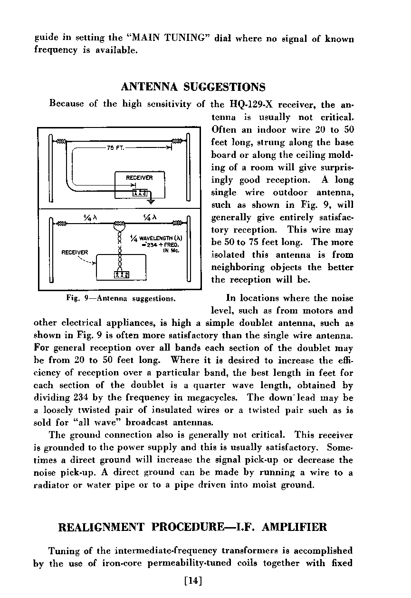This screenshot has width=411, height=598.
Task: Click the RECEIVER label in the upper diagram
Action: [139, 177]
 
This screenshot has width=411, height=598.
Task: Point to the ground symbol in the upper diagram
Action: [151, 203]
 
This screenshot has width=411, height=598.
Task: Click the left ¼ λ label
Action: [90, 218]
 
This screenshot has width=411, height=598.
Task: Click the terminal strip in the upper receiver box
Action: [141, 192]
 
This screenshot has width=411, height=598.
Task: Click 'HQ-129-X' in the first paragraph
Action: [250, 104]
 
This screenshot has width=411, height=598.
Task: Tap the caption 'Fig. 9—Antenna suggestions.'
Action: [122, 299]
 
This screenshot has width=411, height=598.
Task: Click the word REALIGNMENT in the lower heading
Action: [101, 527]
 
